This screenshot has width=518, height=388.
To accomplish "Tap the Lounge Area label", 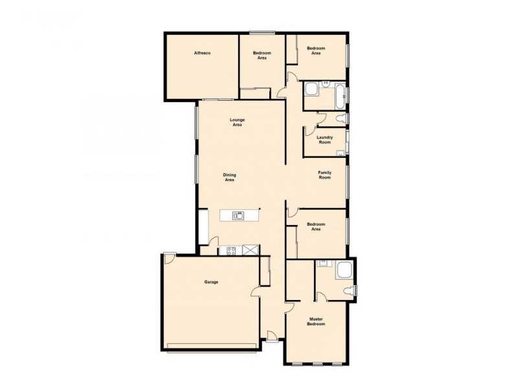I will tap(237, 122).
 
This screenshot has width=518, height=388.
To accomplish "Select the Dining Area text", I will tap(229, 177).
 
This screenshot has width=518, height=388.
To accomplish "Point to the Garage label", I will tap(211, 282).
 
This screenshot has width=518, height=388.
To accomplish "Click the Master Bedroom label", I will tap(316, 321).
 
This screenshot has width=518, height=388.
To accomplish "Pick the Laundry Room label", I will tap(325, 140).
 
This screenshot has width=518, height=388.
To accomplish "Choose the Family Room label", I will tap(324, 175).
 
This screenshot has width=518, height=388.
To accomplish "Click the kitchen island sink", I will tap(238, 216).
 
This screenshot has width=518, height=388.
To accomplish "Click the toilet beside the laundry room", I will tap(341, 118).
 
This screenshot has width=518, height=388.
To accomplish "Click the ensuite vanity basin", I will tap(323, 263).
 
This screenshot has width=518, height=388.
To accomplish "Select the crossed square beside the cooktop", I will tap(250, 250).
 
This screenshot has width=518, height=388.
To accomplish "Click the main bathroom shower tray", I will tap(311, 89).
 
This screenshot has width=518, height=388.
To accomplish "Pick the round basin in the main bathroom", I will tap(326, 83).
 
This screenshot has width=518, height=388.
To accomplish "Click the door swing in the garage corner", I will tap(169, 258).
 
